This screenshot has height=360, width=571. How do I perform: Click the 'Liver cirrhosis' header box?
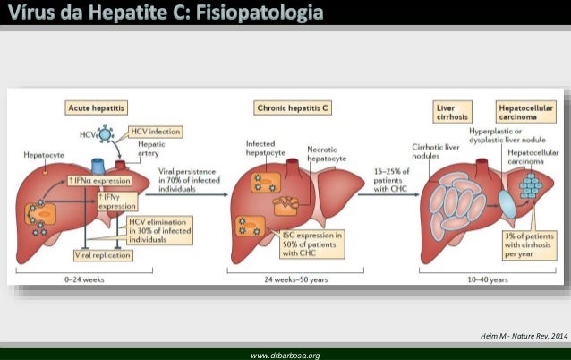449,111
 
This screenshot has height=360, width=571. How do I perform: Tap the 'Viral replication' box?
102,255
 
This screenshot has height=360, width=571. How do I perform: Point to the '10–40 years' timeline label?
482,279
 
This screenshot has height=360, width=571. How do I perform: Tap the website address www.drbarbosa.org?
285,355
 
